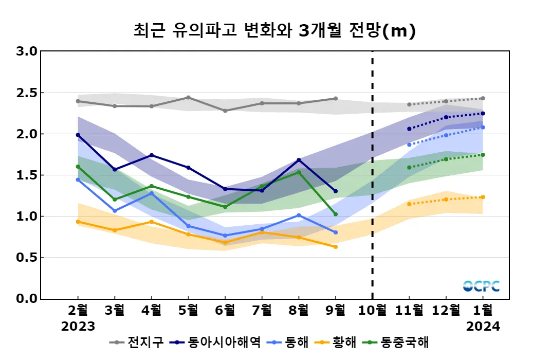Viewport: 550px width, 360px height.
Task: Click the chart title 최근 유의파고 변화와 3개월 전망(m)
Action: pos(274,30)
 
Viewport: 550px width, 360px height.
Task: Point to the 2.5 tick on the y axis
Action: pos(27,93)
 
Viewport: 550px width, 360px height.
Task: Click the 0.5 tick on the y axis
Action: pos(27,258)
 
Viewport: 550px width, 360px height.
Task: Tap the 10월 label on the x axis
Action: pos(372,311)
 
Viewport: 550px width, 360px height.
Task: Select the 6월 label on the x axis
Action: pos(225,311)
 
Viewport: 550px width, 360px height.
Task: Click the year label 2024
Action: pos(483,327)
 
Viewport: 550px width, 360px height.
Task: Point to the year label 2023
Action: pos(78,327)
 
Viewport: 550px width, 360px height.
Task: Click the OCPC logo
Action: pos(481,286)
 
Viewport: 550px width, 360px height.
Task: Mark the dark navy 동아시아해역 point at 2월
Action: pos(78,135)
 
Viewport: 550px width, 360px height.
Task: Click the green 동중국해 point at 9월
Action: pos(336,214)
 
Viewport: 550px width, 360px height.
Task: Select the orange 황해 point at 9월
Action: pos(336,247)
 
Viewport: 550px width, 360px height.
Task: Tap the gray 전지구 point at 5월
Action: pos(188,97)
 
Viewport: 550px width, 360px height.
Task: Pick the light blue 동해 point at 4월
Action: pos(152,193)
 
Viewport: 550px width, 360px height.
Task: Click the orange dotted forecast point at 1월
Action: pos(483,197)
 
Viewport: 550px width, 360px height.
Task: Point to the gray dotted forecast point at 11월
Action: pos(409,104)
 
